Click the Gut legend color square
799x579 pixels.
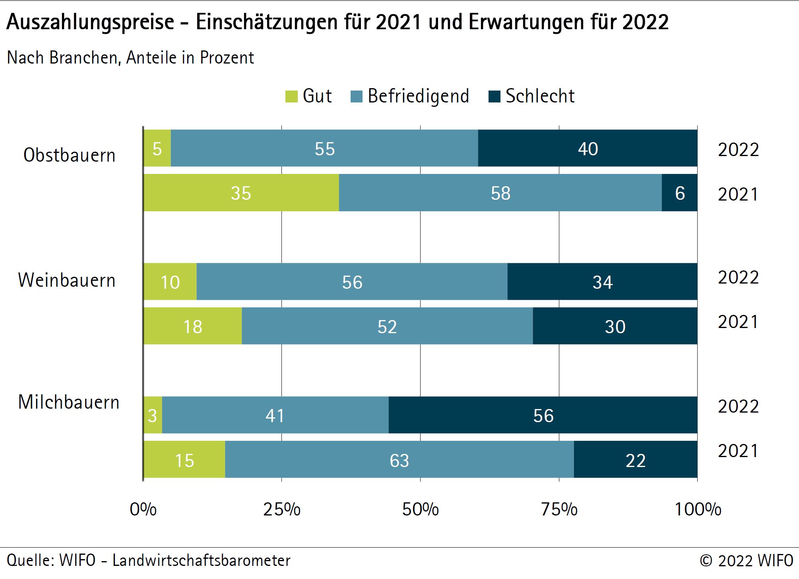(x=291, y=96)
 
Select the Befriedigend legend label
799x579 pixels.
(x=418, y=96)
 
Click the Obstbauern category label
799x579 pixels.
(x=70, y=155)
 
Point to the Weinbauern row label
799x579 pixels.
(x=67, y=280)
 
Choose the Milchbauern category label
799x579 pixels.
(x=69, y=402)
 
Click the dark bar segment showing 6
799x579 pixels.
(x=679, y=193)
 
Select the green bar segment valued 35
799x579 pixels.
(x=241, y=193)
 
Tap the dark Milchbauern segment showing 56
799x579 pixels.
(x=543, y=415)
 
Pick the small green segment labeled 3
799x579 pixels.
(x=153, y=415)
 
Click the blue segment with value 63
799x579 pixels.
(x=399, y=460)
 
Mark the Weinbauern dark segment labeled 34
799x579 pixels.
(x=602, y=282)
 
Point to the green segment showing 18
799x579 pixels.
(x=193, y=326)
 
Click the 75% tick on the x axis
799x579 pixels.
(x=559, y=509)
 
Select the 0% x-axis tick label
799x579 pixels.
(x=143, y=509)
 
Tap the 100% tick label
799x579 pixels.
(x=698, y=509)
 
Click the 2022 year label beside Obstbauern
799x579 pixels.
(x=738, y=150)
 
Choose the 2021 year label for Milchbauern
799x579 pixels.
(x=738, y=451)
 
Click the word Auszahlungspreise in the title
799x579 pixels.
(x=91, y=22)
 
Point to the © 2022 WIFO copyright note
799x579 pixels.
(x=746, y=560)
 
